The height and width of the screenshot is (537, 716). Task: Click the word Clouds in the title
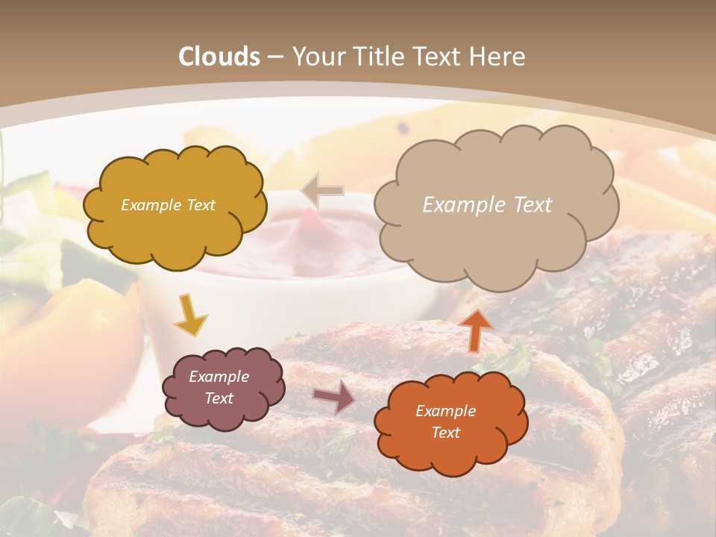(219, 57)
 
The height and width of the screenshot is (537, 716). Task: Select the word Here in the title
(498, 57)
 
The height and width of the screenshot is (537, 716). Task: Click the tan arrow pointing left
(322, 191)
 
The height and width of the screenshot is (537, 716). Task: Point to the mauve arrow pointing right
(334, 397)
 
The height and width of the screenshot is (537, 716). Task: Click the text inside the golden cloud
(168, 205)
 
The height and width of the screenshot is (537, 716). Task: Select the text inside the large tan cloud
(487, 205)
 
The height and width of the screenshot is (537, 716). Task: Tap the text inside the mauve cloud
(219, 387)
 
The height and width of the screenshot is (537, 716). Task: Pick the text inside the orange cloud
(445, 421)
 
